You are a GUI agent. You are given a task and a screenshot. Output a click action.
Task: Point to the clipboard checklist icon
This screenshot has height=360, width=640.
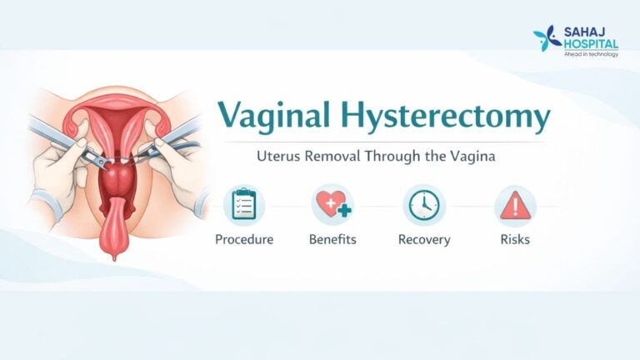coord(243,205)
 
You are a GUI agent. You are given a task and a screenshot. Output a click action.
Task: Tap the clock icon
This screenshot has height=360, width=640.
coord(424,205)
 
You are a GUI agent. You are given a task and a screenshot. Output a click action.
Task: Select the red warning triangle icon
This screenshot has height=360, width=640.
coord(515,205)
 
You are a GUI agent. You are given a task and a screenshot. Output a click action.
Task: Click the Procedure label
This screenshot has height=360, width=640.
coord(244,240)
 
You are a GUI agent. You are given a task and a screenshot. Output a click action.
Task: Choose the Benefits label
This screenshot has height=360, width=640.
coord(332,240)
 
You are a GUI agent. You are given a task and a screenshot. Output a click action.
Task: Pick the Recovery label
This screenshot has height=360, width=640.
coord(424,240)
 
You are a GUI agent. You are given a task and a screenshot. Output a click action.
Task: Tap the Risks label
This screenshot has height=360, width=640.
coord(515,240)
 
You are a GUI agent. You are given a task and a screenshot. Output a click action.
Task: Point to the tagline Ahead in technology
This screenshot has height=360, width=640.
coord(591,53)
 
